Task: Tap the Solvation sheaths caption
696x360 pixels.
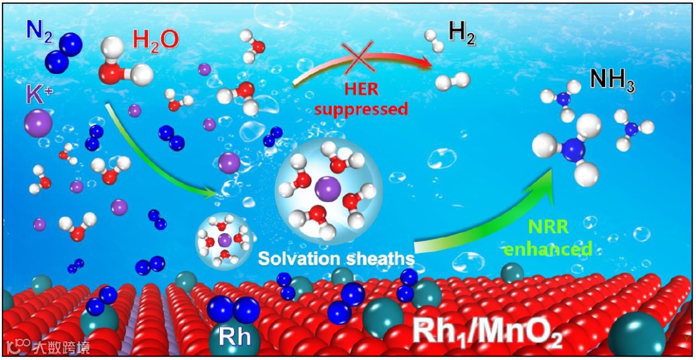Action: [x=335, y=258]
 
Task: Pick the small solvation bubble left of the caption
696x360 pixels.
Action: [x=224, y=242]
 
